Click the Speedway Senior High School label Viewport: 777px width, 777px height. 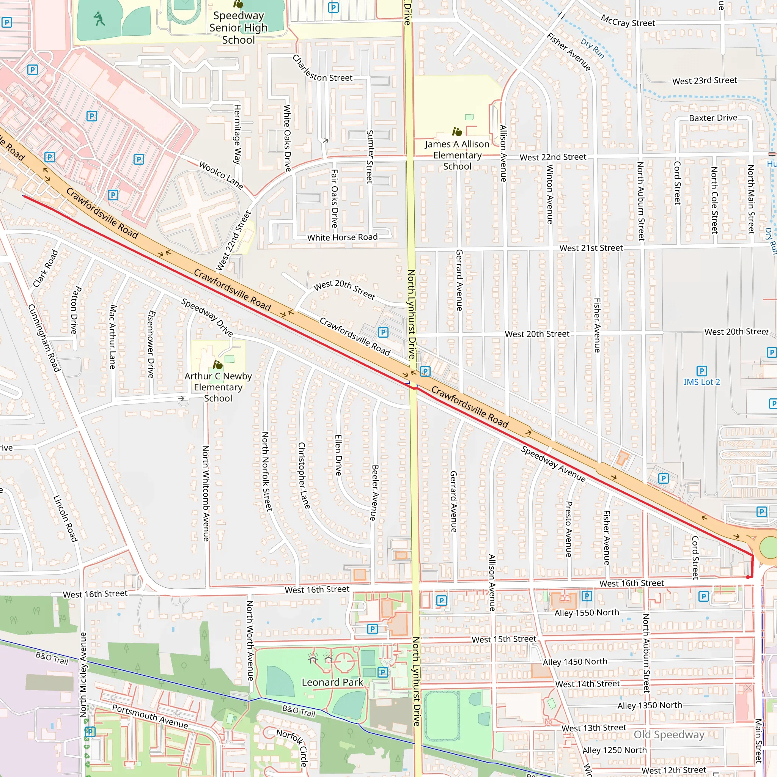tap(238, 27)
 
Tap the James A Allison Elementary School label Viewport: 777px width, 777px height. tap(457, 155)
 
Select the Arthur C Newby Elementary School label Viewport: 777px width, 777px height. tap(218, 387)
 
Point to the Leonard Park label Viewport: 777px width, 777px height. tap(332, 682)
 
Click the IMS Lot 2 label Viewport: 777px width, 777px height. tap(702, 382)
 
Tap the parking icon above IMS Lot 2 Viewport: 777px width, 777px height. tap(702, 371)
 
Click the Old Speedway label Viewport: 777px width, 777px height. tap(669, 735)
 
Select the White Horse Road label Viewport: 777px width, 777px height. tap(342, 237)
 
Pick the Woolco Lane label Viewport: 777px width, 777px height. tap(221, 175)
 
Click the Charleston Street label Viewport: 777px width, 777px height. tap(322, 69)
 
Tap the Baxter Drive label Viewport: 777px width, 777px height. tap(713, 118)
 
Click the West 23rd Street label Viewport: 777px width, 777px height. tap(704, 80)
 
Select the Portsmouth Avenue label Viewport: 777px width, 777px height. tap(149, 716)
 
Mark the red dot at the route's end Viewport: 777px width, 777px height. tap(748, 577)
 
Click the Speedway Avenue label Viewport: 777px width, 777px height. tap(553, 464)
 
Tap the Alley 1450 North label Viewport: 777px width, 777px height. tap(575, 662)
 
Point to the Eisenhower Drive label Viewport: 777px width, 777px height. tap(151, 344)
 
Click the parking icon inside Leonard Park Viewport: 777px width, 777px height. tap(382, 672)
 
